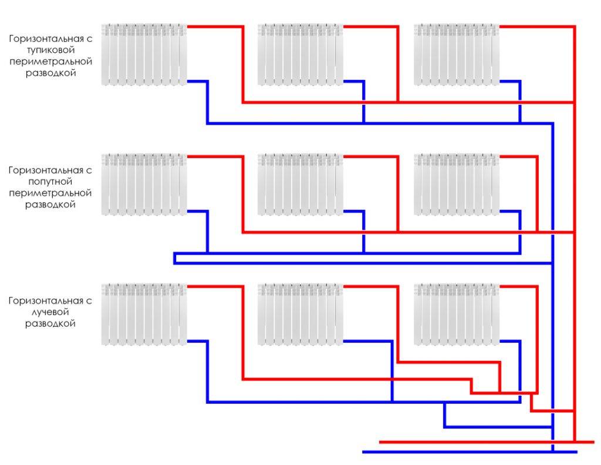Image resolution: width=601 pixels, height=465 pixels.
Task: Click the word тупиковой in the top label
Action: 50,51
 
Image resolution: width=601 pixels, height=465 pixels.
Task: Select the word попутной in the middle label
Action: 50,181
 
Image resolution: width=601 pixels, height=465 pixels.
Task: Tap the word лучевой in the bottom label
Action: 50,312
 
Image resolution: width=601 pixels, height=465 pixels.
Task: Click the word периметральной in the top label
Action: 50,62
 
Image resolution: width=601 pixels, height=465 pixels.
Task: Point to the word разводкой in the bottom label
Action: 50,323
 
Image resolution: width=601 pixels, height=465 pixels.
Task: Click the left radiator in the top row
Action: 144,55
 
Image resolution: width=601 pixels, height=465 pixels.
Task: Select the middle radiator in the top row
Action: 300,55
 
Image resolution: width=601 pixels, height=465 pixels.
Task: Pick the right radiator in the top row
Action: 457,55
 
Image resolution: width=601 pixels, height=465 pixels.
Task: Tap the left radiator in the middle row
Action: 144,185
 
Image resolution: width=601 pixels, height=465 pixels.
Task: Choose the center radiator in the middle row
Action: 300,185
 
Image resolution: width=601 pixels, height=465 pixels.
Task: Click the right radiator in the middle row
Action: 457,185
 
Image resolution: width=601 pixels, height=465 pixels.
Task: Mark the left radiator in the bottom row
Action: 144,315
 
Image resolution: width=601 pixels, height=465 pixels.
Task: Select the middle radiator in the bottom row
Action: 300,315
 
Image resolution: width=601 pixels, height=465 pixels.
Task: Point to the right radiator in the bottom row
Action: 457,315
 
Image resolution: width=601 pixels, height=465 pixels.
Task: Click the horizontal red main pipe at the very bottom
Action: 487,442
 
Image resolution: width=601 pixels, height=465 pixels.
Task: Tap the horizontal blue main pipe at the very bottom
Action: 470,452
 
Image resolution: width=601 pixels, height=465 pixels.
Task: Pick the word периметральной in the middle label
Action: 50,193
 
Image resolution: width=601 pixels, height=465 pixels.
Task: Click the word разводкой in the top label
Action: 50,73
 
